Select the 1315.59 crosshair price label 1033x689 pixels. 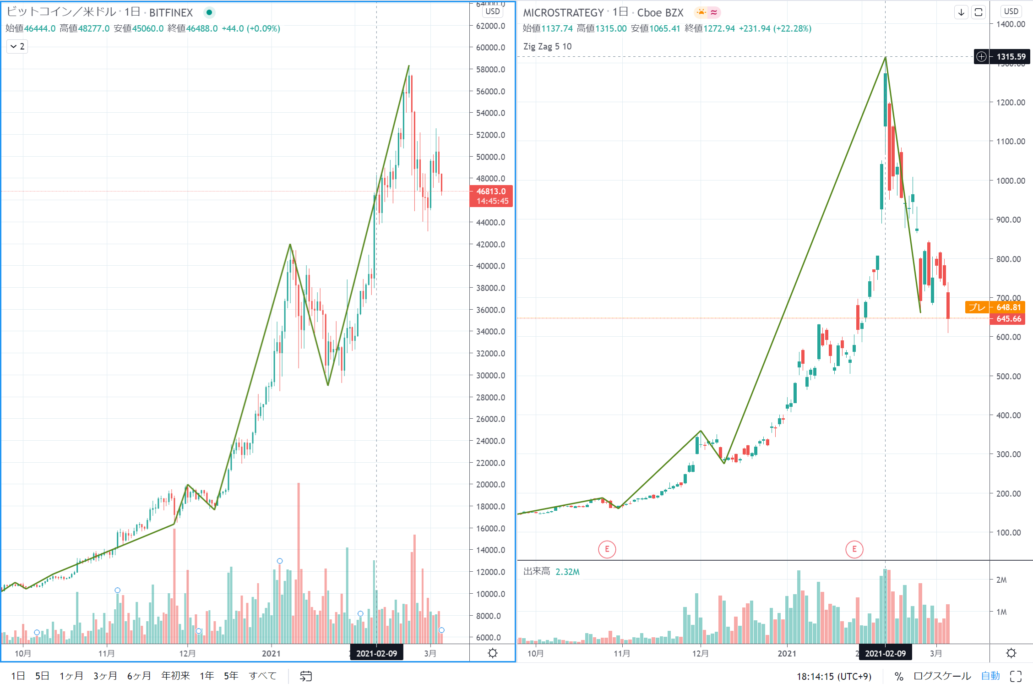(x=1011, y=57)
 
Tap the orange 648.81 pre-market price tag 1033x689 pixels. (x=1008, y=307)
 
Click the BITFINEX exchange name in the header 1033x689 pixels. (x=171, y=13)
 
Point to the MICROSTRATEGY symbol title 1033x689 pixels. (x=563, y=13)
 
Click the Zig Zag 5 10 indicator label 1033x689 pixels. (x=547, y=46)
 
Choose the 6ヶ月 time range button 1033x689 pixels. (x=139, y=676)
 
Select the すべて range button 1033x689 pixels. (x=263, y=676)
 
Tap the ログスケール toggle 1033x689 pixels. (x=942, y=676)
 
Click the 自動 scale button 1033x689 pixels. (x=990, y=676)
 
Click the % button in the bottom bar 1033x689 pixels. (x=899, y=676)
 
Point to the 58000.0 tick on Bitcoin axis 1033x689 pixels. (x=490, y=70)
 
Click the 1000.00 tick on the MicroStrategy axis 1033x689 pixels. (x=1011, y=181)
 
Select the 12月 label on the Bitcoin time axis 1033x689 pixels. (x=187, y=653)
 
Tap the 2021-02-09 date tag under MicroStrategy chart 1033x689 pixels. (x=885, y=653)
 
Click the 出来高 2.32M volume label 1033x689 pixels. (x=551, y=572)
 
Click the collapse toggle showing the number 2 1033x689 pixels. (x=17, y=46)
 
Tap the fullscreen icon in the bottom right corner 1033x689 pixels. (x=1016, y=676)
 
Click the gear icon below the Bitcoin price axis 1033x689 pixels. (x=493, y=653)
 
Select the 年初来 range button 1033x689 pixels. (x=175, y=676)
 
